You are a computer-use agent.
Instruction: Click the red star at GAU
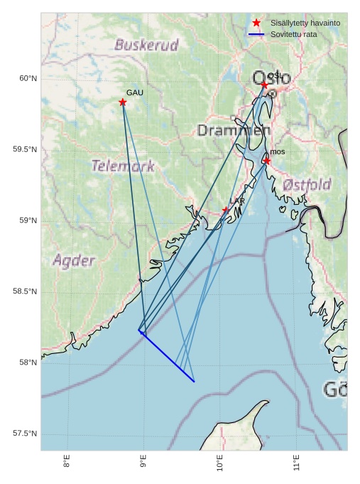coord(123,102)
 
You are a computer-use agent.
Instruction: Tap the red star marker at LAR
coord(225,210)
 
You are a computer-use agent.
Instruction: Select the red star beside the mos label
coord(267,161)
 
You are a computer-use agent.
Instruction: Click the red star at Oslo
coord(264,85)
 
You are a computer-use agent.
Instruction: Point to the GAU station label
coord(135,93)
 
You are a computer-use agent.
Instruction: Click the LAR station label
coord(237,202)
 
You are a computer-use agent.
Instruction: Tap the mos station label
coord(278,152)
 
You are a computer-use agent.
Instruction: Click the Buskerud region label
coord(146,45)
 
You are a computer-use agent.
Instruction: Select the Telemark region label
coord(123,166)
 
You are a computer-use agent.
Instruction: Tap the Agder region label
coord(74,260)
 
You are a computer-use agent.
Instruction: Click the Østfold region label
coord(307,185)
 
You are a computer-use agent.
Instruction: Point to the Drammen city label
coord(234,131)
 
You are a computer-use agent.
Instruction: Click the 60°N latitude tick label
coord(28,78)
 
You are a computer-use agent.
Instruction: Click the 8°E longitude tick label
coord(67,462)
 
